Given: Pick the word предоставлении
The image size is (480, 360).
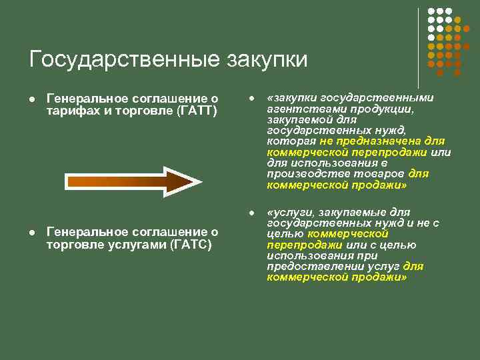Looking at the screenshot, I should [x=307, y=266].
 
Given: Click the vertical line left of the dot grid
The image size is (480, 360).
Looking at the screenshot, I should [x=419, y=47].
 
